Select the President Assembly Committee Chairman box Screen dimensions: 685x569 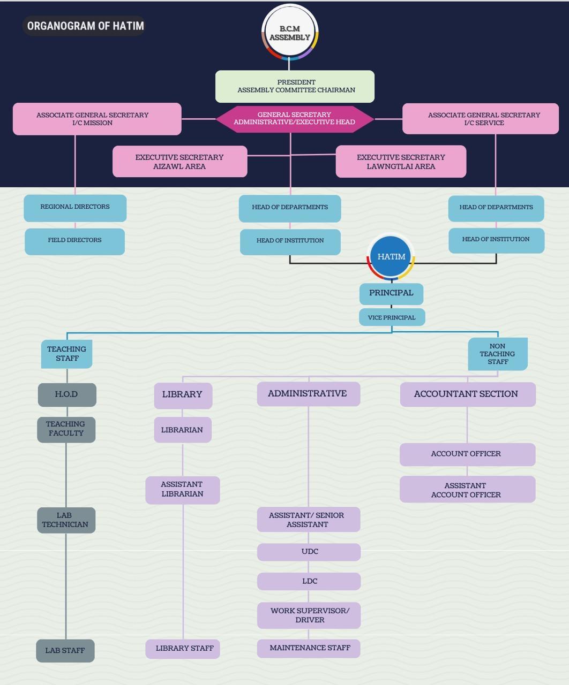coord(295,86)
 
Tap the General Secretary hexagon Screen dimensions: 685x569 coord(295,118)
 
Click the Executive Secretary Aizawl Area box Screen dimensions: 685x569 coord(179,162)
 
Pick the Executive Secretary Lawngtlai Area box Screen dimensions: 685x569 coord(401,162)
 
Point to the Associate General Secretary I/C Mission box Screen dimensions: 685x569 coord(97,119)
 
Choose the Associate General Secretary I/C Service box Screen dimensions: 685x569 coord(481,119)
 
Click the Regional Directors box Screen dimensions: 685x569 coord(75,208)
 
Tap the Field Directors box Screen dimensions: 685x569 coord(75,241)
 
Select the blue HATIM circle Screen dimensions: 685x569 coord(391,257)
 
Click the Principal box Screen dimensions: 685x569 coord(391,293)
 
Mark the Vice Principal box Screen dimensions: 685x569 coord(392,317)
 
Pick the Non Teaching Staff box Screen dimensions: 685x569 coord(498,354)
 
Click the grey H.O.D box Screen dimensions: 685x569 coord(67,394)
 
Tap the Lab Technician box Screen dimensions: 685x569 coord(66,520)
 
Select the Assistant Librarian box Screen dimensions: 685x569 coord(183,490)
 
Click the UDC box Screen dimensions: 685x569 coord(309,552)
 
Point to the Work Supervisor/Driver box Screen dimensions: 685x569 coord(309,615)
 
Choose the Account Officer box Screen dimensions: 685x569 coord(467,454)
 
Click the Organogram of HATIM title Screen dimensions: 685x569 coord(85,26)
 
